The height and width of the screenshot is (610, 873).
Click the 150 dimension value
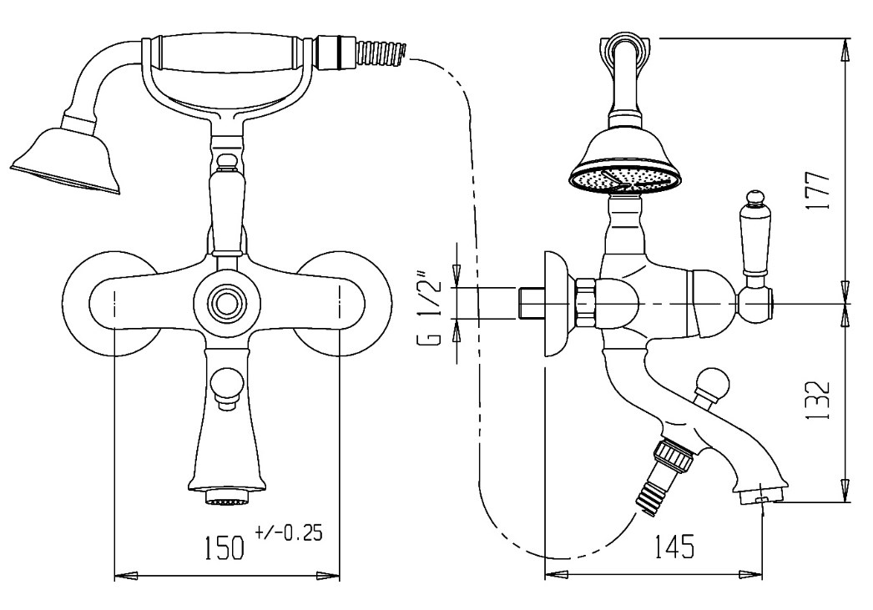click(225, 547)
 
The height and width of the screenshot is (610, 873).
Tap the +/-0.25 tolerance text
click(290, 532)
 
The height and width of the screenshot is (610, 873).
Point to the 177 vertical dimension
click(820, 189)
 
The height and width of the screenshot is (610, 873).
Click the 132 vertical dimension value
click(820, 401)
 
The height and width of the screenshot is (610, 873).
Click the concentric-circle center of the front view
click(227, 304)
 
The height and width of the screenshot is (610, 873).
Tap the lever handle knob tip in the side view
click(754, 197)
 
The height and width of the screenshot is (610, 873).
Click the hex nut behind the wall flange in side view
click(586, 303)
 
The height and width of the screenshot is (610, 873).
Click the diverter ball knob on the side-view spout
click(712, 383)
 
